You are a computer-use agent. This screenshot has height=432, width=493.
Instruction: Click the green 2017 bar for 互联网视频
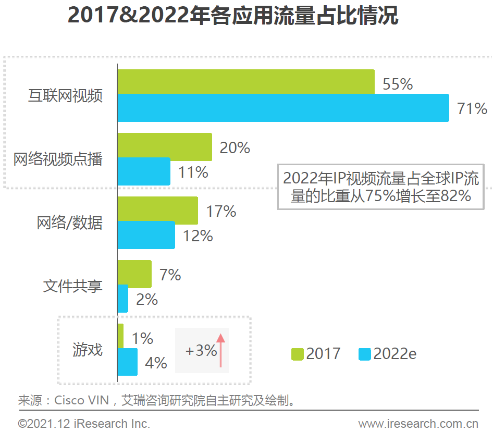click(x=245, y=81)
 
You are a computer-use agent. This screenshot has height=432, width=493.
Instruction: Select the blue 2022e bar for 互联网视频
click(x=283, y=108)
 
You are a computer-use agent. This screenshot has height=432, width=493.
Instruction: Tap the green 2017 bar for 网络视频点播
click(x=164, y=146)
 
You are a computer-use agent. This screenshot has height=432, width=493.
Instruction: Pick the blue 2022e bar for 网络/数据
click(x=146, y=234)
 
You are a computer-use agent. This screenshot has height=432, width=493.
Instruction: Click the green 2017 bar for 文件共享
click(x=134, y=274)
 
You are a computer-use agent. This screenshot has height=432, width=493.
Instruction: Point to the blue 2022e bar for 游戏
click(x=127, y=362)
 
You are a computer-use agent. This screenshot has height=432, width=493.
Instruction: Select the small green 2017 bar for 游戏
click(x=120, y=336)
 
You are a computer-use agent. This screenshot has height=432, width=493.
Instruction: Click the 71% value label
click(x=472, y=109)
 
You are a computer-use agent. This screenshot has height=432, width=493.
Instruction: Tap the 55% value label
click(x=398, y=84)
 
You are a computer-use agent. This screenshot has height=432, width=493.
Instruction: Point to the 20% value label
click(x=235, y=148)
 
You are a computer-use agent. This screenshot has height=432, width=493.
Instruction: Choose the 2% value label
click(x=147, y=299)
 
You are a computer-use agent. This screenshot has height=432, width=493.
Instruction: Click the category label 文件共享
click(x=72, y=286)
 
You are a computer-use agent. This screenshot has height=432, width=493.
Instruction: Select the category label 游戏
click(x=88, y=350)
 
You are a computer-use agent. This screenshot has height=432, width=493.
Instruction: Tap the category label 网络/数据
click(x=70, y=223)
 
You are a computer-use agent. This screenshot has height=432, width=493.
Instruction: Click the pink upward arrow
click(x=220, y=350)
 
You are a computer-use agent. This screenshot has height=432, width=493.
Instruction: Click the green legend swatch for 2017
click(x=297, y=354)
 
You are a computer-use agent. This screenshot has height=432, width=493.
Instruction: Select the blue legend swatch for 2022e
click(x=365, y=354)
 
